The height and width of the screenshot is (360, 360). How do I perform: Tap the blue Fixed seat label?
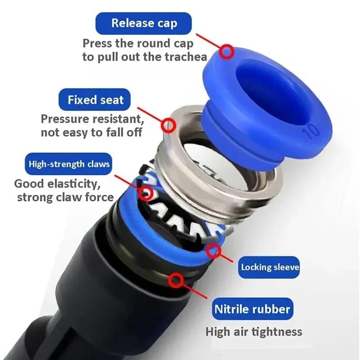[x=95, y=99]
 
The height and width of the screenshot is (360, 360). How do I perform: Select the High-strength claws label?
[x=69, y=164]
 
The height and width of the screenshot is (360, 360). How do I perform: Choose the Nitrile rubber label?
[x=252, y=309]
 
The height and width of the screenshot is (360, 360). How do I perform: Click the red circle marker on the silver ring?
[x=168, y=124]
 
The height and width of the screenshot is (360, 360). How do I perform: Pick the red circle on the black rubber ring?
[x=175, y=281]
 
